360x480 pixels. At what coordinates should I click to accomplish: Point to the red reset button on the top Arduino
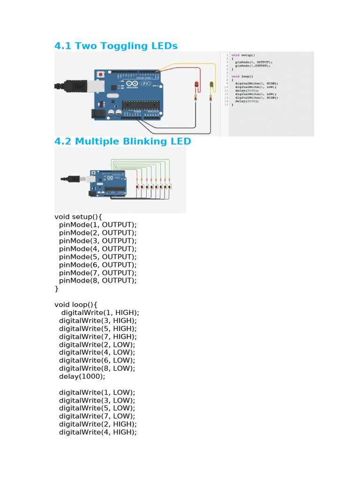(x=101, y=74)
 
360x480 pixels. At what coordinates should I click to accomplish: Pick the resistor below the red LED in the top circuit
(x=195, y=97)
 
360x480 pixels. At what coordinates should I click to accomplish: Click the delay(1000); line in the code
(x=82, y=376)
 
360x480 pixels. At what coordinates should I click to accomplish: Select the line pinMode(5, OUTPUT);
(x=97, y=257)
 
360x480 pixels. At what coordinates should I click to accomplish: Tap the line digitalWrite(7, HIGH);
(x=97, y=337)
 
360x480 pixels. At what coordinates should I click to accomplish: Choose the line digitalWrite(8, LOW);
(x=97, y=368)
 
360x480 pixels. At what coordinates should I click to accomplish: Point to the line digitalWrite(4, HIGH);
(x=97, y=432)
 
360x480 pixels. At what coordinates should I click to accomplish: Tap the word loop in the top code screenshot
(x=247, y=76)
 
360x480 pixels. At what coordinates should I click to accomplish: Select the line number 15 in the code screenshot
(x=226, y=105)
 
